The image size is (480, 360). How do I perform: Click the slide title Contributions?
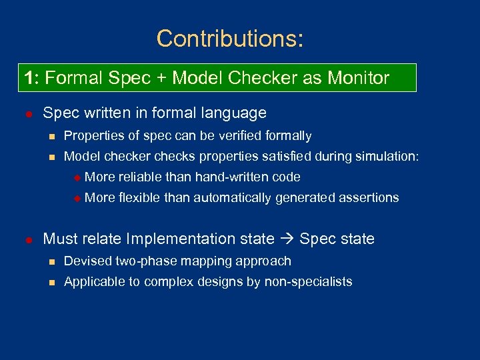(230, 39)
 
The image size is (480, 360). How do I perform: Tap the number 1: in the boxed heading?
(33, 78)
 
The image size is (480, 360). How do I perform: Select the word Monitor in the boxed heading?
(358, 78)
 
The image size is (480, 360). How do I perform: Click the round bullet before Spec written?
(27, 113)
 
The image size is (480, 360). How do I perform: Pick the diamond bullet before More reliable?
(77, 177)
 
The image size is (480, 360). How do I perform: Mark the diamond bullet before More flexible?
(77, 198)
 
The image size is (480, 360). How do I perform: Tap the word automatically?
(233, 197)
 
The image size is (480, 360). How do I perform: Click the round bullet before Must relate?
(27, 239)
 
